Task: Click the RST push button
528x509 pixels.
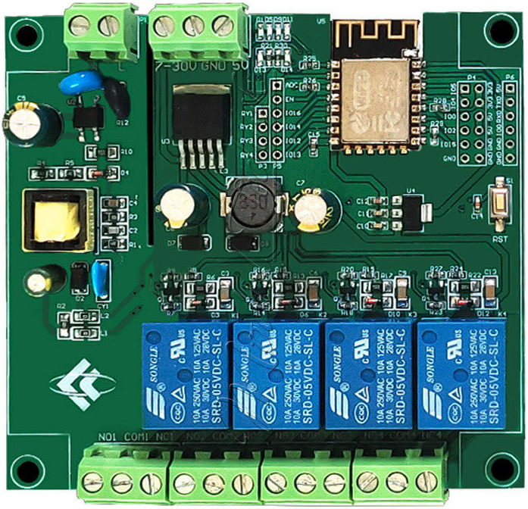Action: click(501, 205)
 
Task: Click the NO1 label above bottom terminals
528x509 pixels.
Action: click(108, 438)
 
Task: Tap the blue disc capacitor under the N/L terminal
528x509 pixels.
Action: click(79, 82)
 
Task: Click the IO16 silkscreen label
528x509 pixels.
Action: click(294, 112)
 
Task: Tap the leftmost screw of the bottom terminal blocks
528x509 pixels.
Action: click(92, 481)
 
